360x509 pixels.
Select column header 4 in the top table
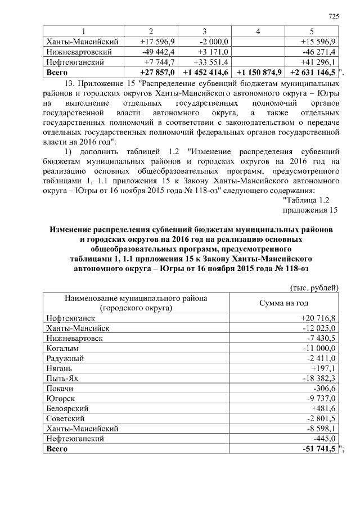tap(257, 31)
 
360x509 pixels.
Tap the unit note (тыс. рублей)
tap(314, 288)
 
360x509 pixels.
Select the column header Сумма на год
tap(283, 303)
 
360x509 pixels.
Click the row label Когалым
tap(63, 348)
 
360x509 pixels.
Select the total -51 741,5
tap(318, 449)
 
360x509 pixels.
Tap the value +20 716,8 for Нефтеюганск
tap(317, 318)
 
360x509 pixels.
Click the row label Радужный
tap(64, 358)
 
